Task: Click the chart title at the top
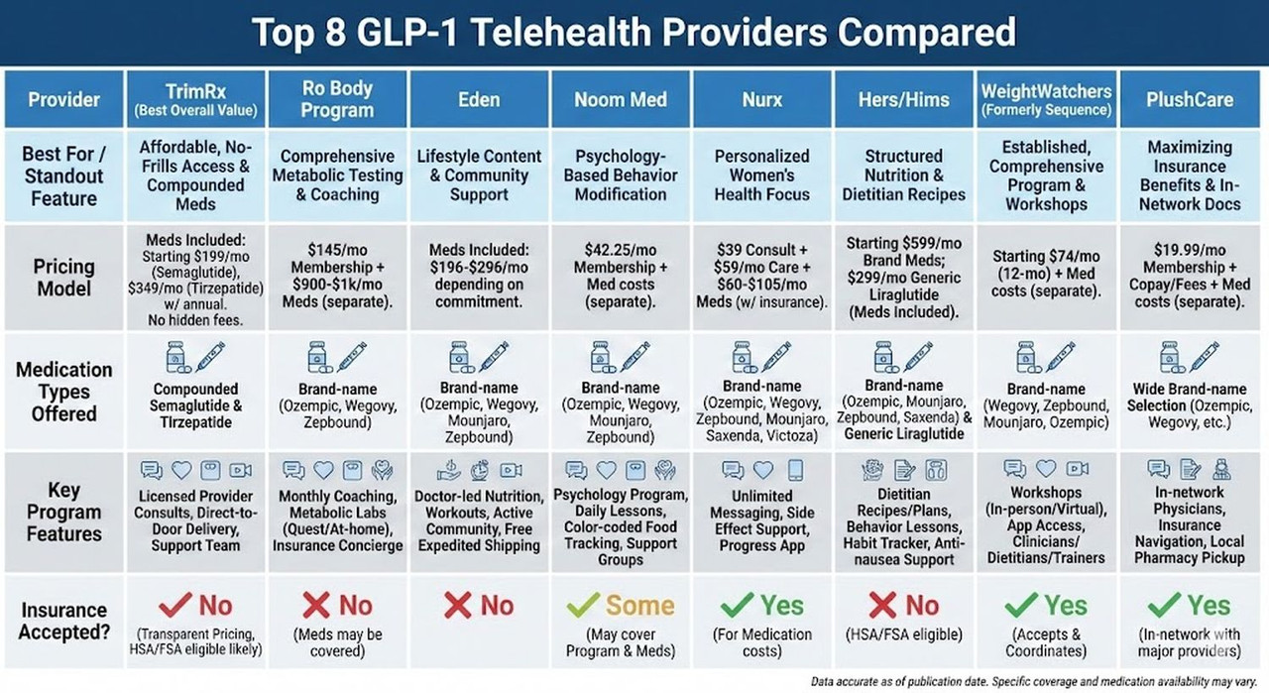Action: coord(634,33)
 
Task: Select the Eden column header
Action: coord(479,99)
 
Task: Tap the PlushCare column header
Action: coord(1190,99)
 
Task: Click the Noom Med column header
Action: coord(620,99)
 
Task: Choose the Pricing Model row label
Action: coord(63,278)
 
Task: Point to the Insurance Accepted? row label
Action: coord(63,621)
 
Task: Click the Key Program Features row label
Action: coord(63,512)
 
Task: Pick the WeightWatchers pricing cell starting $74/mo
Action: coord(1046,274)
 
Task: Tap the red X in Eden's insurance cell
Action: coord(457,605)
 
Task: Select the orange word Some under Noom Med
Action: coord(640,605)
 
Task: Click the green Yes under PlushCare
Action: coord(1209,605)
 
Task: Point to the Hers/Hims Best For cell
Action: coord(903,174)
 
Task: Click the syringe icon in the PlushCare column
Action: coord(1204,356)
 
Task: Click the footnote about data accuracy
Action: coord(1037,682)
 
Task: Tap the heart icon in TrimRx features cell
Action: coord(180,470)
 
